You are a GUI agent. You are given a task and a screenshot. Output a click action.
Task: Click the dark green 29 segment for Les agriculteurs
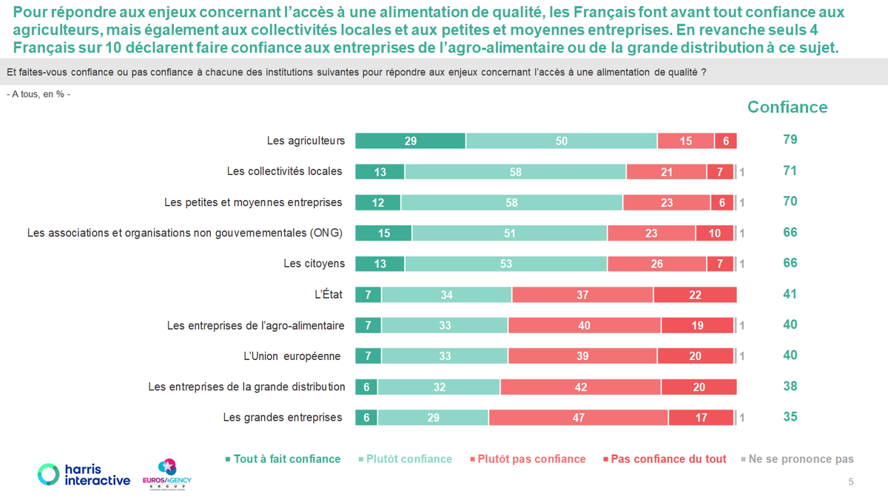(x=410, y=141)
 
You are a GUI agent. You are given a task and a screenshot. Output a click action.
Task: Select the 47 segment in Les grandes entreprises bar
(x=578, y=418)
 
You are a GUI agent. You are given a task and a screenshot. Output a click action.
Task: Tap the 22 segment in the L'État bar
(x=695, y=295)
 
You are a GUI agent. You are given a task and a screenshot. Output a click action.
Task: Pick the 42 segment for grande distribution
(x=580, y=387)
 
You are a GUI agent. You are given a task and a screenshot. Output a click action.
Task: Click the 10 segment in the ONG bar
(x=714, y=233)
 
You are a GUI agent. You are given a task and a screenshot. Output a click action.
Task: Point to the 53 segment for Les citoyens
(x=505, y=264)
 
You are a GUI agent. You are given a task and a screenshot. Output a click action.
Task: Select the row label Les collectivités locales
(x=284, y=171)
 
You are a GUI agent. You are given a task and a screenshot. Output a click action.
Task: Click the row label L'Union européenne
(x=292, y=356)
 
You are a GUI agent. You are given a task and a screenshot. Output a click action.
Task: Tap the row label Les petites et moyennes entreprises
(x=253, y=202)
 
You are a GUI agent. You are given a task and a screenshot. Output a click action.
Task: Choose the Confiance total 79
(x=790, y=140)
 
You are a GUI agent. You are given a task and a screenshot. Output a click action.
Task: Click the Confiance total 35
(x=790, y=417)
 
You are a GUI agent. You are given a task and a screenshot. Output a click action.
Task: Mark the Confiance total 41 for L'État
(x=790, y=294)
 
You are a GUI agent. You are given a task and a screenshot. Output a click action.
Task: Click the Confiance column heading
(x=787, y=107)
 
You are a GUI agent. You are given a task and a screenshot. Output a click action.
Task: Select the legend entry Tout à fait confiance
(x=283, y=459)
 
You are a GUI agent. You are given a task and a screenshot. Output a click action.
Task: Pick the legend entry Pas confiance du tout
(x=668, y=459)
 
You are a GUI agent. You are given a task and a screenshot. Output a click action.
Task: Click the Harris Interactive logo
(x=84, y=474)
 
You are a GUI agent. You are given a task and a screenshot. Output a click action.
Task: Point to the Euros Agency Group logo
(x=166, y=474)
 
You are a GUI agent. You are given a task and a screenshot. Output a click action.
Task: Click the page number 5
(x=850, y=482)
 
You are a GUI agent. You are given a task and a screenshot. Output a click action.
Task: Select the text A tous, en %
(x=38, y=95)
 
